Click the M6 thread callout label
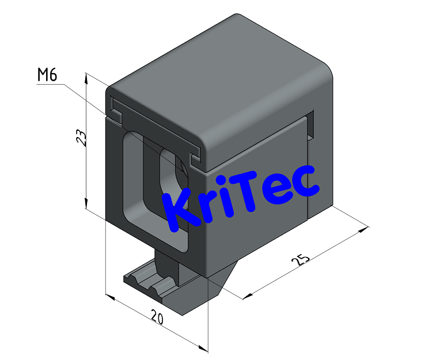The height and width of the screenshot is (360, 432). (47, 75)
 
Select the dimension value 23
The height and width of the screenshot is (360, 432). (82, 138)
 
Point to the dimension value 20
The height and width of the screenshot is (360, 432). (156, 316)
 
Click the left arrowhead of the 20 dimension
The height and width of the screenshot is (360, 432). (111, 298)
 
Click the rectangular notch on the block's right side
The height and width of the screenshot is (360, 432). (311, 127)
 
